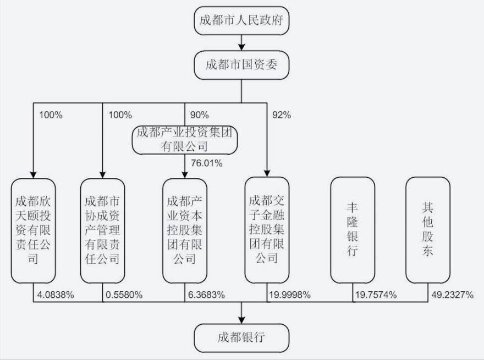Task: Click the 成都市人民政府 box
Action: (x=241, y=21)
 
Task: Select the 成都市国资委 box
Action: (x=241, y=66)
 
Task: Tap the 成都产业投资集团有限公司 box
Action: (x=184, y=139)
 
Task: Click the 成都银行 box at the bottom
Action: (x=241, y=337)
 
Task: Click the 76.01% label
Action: (x=206, y=163)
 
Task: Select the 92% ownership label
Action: (x=281, y=115)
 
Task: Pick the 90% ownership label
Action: (x=199, y=115)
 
